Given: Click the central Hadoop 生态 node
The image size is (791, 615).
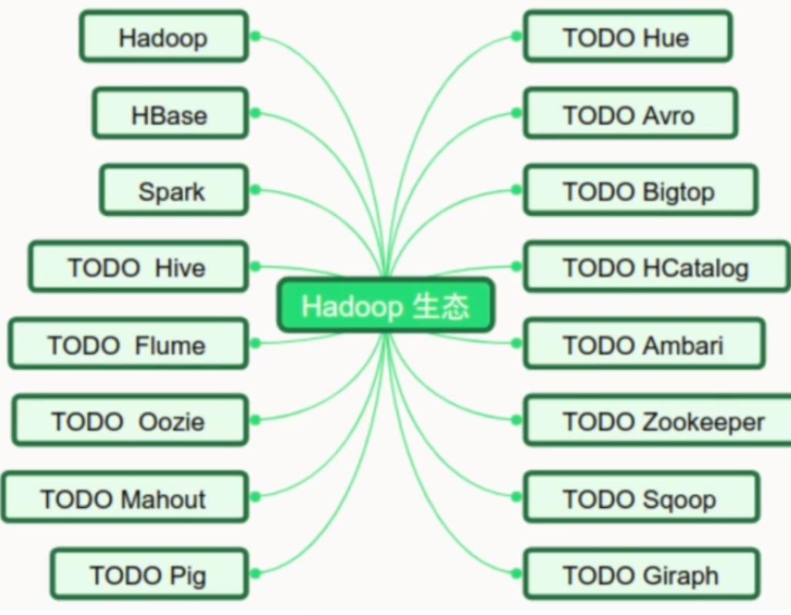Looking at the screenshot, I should coord(385,306).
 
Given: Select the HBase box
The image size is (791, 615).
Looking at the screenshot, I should coord(170,114).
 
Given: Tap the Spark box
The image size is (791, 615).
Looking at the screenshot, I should coord(173,190).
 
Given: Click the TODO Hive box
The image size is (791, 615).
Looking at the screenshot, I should coord(138,267).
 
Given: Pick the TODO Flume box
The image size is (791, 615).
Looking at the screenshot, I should coord(128,344).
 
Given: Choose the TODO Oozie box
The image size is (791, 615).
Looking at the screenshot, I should coord(129,421).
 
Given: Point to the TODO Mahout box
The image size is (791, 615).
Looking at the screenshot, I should coord(124,498).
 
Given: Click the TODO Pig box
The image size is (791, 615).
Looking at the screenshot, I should coord(149,574).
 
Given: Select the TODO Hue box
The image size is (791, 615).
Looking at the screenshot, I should coord(627,36).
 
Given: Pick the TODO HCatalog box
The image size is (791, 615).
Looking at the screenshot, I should coord(656,267).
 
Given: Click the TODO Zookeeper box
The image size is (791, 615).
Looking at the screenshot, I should coord(663,421).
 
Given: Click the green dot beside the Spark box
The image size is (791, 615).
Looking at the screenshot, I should coord(256,190).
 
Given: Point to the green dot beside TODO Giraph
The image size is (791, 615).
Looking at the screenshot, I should coord(516,573).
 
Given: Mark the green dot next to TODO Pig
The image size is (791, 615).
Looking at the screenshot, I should coord(256,573).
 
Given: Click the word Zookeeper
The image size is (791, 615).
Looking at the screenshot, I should coord(703,422).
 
